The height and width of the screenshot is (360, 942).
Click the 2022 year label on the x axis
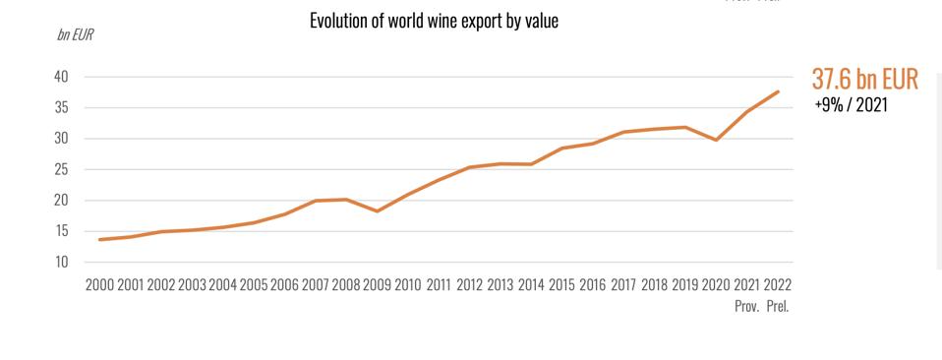(x=777, y=285)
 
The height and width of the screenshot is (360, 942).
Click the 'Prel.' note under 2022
(x=778, y=306)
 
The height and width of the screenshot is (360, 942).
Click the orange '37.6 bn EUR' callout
(x=864, y=80)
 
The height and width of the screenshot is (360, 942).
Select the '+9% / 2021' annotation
(x=852, y=104)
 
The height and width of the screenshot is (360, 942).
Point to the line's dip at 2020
(x=717, y=140)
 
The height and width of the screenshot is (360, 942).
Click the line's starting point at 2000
(x=100, y=239)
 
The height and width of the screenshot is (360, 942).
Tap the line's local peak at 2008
(x=346, y=200)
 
